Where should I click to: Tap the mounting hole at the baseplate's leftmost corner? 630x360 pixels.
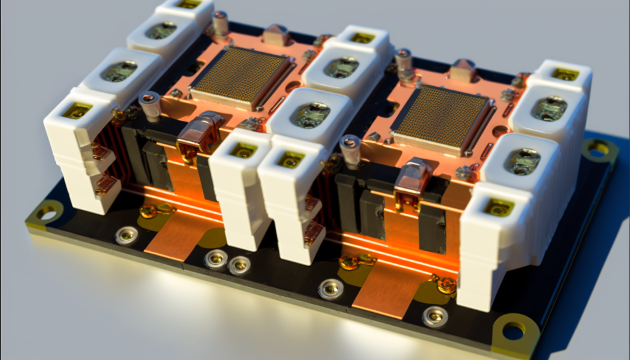click(x=47, y=214)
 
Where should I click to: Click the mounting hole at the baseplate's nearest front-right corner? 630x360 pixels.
click(x=513, y=331)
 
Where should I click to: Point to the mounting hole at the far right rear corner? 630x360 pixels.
click(x=597, y=149)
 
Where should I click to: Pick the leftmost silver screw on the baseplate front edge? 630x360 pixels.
click(x=126, y=235)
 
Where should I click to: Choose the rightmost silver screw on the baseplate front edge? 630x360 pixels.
click(x=435, y=316)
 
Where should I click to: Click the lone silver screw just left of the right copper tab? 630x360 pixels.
click(x=330, y=288)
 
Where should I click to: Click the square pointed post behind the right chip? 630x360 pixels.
click(x=463, y=69)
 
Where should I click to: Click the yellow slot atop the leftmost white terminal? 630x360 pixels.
click(x=77, y=111)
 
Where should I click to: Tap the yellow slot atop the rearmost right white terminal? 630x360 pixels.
click(x=564, y=74)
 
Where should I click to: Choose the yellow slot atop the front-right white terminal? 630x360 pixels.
click(x=498, y=207)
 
